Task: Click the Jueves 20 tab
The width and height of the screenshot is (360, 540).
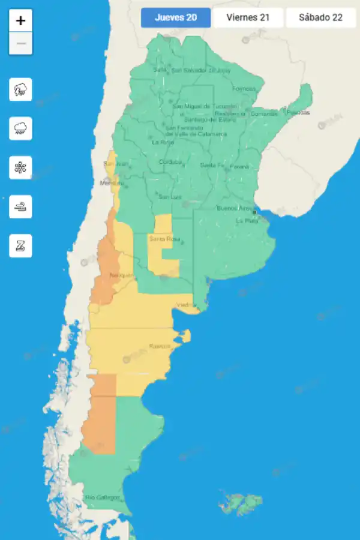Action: (x=176, y=17)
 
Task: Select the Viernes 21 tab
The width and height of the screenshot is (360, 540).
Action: (x=248, y=17)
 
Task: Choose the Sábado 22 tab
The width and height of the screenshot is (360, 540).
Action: (x=320, y=17)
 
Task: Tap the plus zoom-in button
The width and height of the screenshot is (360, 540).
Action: (x=21, y=20)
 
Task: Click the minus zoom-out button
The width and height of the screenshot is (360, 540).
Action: (x=21, y=43)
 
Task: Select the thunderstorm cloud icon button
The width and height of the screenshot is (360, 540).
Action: (x=21, y=90)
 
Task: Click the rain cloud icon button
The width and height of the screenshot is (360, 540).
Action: (x=21, y=128)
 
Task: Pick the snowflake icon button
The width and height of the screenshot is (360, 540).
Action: (x=21, y=167)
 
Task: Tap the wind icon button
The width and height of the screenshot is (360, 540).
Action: (x=21, y=206)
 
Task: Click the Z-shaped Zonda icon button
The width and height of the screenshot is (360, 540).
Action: (x=21, y=245)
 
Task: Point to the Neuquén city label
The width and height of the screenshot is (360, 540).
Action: (x=121, y=275)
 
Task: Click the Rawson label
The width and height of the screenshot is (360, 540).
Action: (x=160, y=346)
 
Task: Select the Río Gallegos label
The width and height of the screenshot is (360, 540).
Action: (x=102, y=497)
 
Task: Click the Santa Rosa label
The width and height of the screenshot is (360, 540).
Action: (x=161, y=239)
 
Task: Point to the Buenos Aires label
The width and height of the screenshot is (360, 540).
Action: (x=235, y=208)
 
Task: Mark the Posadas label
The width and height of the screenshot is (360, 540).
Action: (x=298, y=112)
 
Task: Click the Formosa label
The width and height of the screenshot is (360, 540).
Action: (x=244, y=88)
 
